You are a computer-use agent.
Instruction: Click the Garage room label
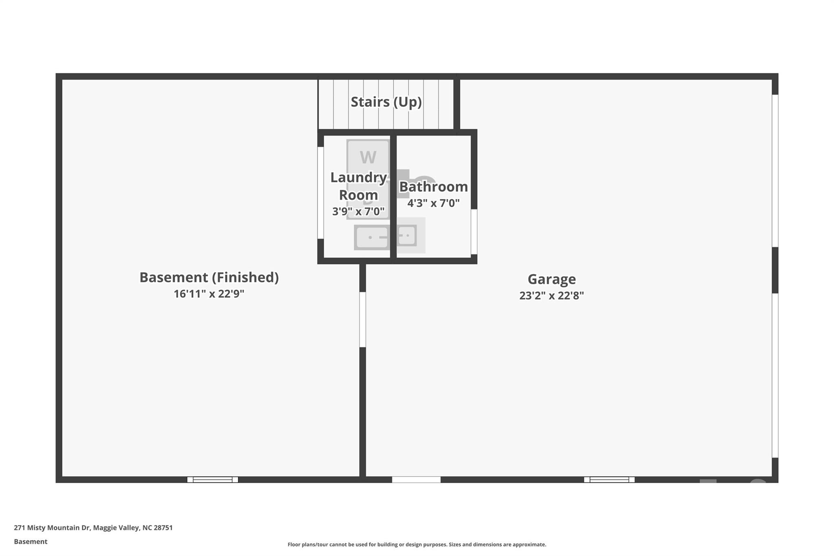click(551, 279)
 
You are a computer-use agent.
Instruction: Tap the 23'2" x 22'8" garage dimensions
click(551, 296)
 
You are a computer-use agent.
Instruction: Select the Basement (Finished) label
click(209, 277)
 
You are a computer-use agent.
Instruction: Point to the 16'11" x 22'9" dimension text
click(209, 294)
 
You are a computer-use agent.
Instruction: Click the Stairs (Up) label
click(386, 102)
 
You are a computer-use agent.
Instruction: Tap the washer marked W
click(368, 156)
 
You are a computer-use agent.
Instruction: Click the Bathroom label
click(433, 187)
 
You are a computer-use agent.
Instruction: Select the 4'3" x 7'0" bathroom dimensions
click(433, 203)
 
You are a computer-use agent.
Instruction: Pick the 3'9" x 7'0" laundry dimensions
click(358, 211)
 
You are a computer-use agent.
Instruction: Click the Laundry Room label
click(358, 186)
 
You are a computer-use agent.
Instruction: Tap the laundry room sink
click(371, 237)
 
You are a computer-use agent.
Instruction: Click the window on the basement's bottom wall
click(213, 479)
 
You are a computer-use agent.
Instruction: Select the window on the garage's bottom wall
click(609, 479)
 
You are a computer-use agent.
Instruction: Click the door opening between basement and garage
click(362, 319)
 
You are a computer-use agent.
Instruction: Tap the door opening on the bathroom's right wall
click(474, 231)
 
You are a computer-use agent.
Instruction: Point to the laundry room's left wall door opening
click(320, 193)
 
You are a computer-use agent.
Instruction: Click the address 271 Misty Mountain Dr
click(93, 527)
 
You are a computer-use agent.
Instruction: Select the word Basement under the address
click(31, 541)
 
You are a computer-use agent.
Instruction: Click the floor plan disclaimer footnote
click(417, 545)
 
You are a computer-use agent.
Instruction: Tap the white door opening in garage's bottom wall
click(416, 479)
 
